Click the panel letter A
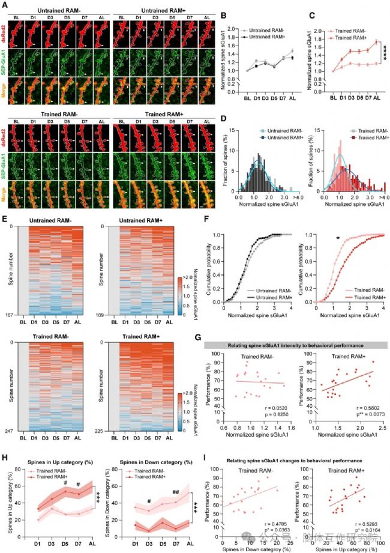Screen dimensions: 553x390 coord(4,4)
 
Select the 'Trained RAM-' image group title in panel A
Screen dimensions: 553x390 coord(58,114)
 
